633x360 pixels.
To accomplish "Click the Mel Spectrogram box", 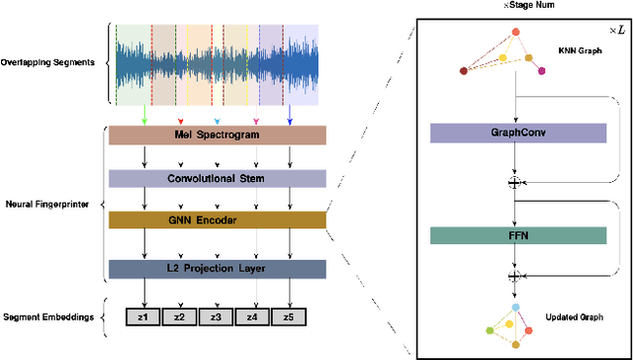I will pos(217,136).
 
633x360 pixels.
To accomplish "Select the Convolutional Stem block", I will pos(217,179).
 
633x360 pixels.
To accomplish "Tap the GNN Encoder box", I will pos(217,222).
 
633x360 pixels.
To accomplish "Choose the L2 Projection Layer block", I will pos(217,267).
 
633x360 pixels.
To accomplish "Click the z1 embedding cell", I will pos(143,316).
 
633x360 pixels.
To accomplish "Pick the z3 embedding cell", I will pos(217,316).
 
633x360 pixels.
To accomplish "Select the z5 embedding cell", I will pos(289,316).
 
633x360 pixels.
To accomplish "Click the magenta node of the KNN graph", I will pos(541,70).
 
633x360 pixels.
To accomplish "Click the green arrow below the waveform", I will pos(145,120).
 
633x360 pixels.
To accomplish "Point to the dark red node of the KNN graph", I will pos(464,70).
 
